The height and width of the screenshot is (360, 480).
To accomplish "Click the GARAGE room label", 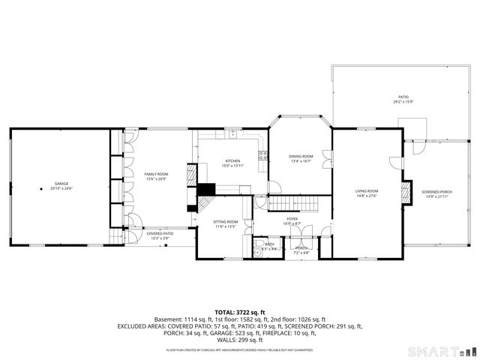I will (61, 184).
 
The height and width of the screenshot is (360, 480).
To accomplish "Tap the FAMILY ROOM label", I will (156, 174).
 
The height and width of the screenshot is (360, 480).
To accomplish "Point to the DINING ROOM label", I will (300, 156).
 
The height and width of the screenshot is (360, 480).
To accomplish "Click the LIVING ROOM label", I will (367, 191).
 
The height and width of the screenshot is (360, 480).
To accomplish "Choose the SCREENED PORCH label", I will (436, 191).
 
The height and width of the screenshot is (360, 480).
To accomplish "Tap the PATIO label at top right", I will (403, 97).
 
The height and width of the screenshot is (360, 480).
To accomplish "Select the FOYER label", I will (292, 219).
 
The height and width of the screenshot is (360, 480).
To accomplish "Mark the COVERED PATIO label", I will (160, 234).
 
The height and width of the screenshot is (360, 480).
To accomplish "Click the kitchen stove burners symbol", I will (263, 156).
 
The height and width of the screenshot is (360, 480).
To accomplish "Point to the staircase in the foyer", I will (289, 202).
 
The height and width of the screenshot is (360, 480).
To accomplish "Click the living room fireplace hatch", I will (406, 192).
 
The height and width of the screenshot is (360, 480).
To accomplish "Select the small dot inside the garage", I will (42, 189).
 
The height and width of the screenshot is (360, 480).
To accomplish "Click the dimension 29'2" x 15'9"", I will (403, 102).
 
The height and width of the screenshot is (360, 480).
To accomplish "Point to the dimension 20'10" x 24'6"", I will (61, 189).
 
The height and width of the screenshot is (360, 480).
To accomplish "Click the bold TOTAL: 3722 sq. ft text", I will (240, 311).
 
